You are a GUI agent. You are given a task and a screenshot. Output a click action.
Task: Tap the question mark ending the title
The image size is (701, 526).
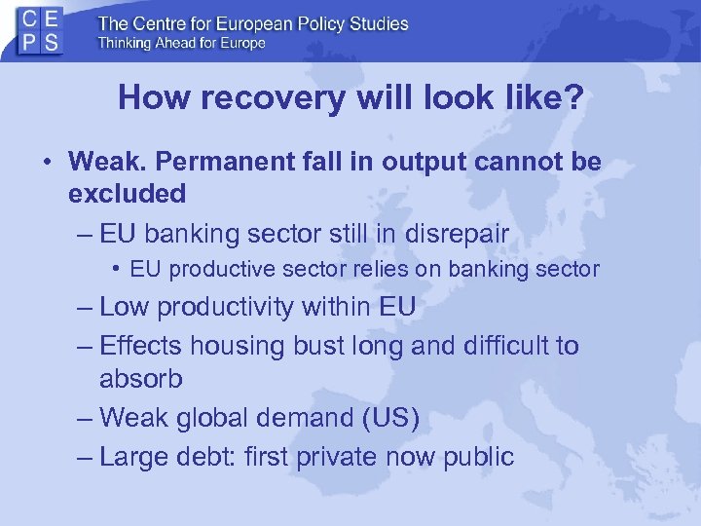pyautogui.click(x=575, y=98)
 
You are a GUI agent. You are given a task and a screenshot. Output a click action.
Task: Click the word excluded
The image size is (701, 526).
pyautogui.click(x=127, y=193)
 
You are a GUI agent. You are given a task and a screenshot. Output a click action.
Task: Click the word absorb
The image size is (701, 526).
pyautogui.click(x=140, y=379)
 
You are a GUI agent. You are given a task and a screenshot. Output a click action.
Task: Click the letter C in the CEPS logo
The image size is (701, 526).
pyautogui.click(x=30, y=19)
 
